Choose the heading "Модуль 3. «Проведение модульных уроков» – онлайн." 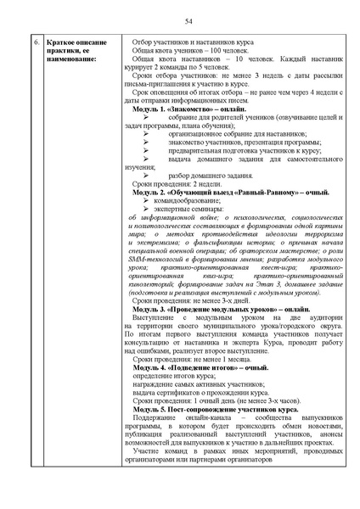(x=222, y=310)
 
